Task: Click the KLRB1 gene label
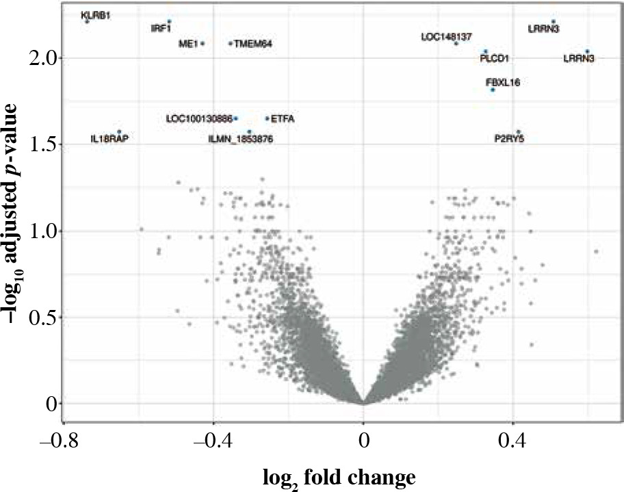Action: (x=95, y=15)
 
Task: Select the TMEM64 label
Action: (x=253, y=44)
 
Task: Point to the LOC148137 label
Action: (x=446, y=36)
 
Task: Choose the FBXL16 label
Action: (x=503, y=82)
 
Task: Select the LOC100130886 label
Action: (x=199, y=119)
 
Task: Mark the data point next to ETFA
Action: (x=267, y=118)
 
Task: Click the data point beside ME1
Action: (x=203, y=44)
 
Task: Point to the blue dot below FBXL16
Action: (x=493, y=90)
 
